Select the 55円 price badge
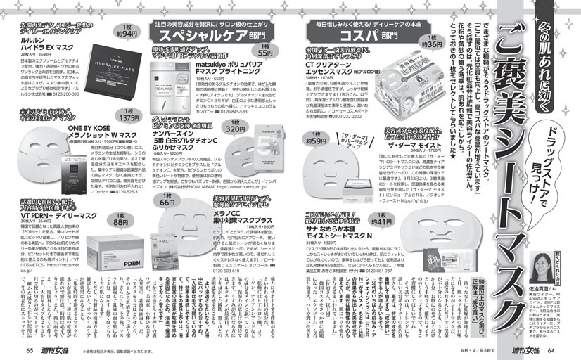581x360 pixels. click(265, 50)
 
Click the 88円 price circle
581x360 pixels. click(120, 220)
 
